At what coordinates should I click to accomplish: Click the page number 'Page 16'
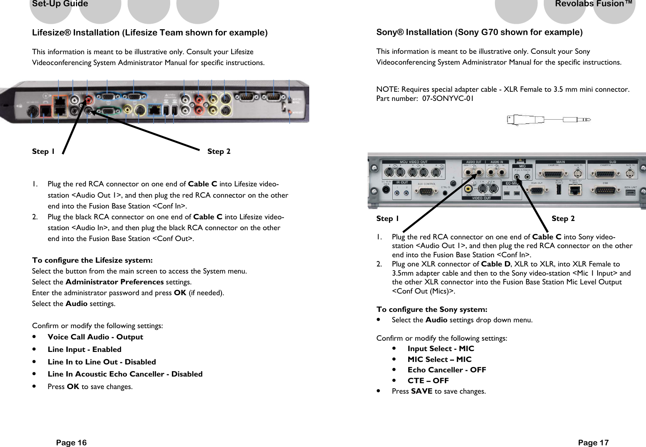(x=71, y=442)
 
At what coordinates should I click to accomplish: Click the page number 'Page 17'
(x=593, y=442)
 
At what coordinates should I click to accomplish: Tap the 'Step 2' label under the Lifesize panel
(x=219, y=151)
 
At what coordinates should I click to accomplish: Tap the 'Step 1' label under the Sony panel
(x=387, y=218)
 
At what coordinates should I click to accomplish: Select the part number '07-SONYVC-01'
(x=448, y=98)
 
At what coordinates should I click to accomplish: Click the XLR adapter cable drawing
(x=548, y=120)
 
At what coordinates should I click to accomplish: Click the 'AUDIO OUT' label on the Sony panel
(x=474, y=162)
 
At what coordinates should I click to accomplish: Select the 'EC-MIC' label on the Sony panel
(x=512, y=183)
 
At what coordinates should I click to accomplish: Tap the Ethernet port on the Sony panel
(x=575, y=190)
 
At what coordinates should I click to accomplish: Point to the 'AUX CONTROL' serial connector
(x=426, y=191)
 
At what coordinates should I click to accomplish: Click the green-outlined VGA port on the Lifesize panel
(x=108, y=111)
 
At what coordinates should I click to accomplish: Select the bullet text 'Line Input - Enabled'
(x=84, y=349)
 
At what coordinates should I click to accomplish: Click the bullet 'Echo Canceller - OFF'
(x=447, y=370)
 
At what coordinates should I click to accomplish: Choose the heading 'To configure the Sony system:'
(x=432, y=309)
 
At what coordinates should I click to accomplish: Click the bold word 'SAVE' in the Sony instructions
(x=421, y=391)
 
